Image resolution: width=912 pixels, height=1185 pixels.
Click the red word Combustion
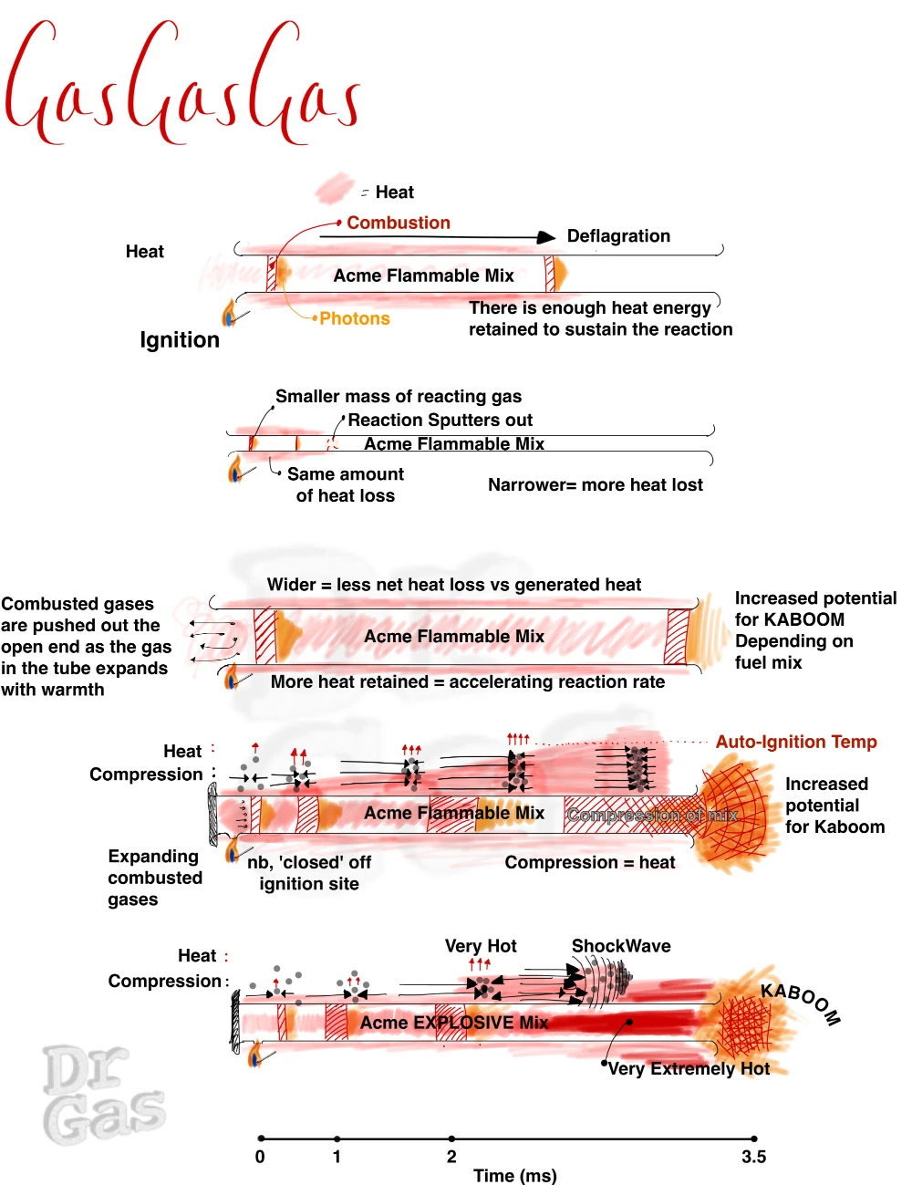(399, 223)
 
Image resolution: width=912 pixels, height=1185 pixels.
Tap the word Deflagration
(618, 236)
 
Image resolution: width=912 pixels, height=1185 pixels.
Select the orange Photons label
(354, 318)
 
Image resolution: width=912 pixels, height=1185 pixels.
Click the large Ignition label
(180, 340)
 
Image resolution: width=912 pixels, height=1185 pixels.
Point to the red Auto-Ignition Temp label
(795, 742)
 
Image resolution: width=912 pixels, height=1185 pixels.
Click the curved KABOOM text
(801, 1002)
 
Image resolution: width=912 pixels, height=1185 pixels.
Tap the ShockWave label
(621, 946)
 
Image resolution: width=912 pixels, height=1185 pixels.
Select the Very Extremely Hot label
(689, 1068)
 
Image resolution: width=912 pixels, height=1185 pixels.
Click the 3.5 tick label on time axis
(753, 1157)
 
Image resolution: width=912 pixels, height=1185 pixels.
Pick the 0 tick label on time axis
(260, 1157)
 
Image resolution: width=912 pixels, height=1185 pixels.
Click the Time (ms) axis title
(514, 1175)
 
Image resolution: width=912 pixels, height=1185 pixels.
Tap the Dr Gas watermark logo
(102, 1095)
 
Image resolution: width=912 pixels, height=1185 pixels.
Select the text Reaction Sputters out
(440, 420)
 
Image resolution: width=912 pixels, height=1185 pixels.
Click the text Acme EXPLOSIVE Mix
(453, 1023)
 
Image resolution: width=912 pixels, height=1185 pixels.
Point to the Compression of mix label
(651, 815)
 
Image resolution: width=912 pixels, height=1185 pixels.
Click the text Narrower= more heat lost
(595, 484)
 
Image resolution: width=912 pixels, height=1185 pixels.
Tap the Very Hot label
(481, 946)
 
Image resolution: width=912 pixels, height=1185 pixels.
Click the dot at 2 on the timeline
(451, 1138)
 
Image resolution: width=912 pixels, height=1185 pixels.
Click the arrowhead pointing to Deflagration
(546, 237)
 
